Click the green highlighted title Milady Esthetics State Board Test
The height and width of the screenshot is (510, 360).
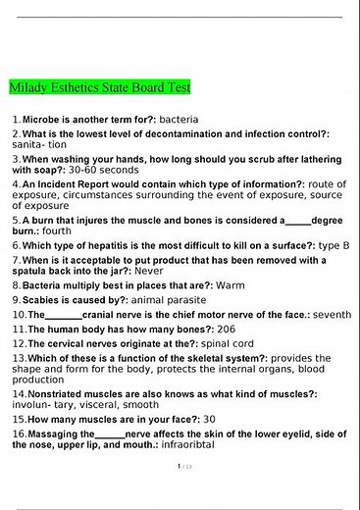pos(99,87)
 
